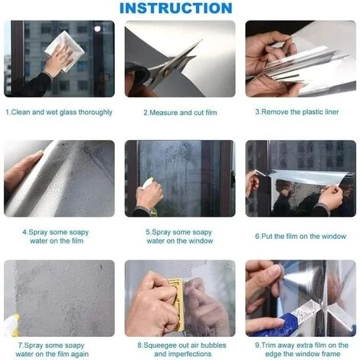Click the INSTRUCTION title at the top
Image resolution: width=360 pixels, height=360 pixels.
point(175,8)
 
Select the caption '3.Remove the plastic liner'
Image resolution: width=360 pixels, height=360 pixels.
point(301,112)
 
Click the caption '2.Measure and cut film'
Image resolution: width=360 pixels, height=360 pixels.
point(180,112)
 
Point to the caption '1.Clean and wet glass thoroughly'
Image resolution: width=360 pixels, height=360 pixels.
point(59,112)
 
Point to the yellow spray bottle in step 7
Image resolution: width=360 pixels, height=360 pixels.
point(11,326)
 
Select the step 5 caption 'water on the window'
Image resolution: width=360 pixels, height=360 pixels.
point(180,241)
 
